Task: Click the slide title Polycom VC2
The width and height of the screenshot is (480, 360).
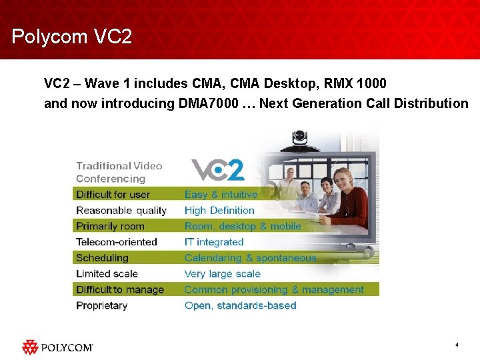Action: pos(72,36)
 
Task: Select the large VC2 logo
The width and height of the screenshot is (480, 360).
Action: pos(218,170)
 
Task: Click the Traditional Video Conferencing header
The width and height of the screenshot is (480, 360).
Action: pos(119,172)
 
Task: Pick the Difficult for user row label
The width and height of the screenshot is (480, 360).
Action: pos(113,195)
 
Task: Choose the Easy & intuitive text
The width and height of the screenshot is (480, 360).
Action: pos(221,195)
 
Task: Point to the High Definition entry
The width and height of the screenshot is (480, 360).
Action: pos(219,211)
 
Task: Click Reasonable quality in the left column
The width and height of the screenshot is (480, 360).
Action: pos(121,211)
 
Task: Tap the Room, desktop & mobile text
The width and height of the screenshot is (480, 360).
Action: pos(243,227)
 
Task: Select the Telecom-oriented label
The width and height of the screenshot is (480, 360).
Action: pos(116,242)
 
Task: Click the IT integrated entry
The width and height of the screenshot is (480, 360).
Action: pos(214,242)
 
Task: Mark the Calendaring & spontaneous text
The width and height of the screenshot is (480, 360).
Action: pos(250,258)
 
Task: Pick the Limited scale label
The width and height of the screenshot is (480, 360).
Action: pos(107,274)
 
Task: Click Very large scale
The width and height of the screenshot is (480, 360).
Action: pos(222,274)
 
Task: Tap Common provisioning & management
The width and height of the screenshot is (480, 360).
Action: pos(274,290)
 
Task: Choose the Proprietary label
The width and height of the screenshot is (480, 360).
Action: pos(101,306)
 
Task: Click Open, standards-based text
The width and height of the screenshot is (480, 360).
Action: pos(240,306)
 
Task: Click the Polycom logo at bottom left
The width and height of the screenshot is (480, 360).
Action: pos(57,347)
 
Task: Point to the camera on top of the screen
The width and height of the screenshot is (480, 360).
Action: pos(301,139)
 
